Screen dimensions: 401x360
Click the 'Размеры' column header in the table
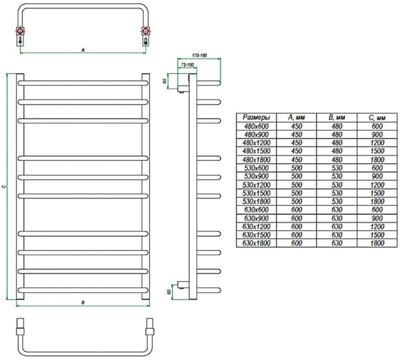pos(256,117)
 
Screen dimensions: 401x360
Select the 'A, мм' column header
pos(297,117)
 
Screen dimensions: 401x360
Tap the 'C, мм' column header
pos(377,117)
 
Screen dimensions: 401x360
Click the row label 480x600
pos(256,126)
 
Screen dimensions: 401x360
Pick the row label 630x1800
pos(256,243)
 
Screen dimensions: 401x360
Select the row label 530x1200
pos(256,184)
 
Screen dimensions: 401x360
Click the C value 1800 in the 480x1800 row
pos(377,160)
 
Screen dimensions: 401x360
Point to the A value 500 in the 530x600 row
pos(297,168)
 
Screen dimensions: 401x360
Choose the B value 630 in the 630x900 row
pos(337,218)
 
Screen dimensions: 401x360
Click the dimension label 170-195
pos(199,55)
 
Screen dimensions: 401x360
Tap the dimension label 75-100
pos(187,65)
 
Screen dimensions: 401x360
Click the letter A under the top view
pos(83,50)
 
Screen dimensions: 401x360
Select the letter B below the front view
pos(83,303)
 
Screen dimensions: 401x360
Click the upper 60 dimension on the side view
pos(165,81)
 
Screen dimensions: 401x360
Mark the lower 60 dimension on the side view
pos(169,292)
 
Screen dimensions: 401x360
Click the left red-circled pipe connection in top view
pos(20,31)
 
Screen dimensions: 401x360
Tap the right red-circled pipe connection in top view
pos(145,31)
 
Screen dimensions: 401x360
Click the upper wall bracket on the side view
pos(183,83)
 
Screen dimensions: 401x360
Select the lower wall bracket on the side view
pos(183,285)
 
